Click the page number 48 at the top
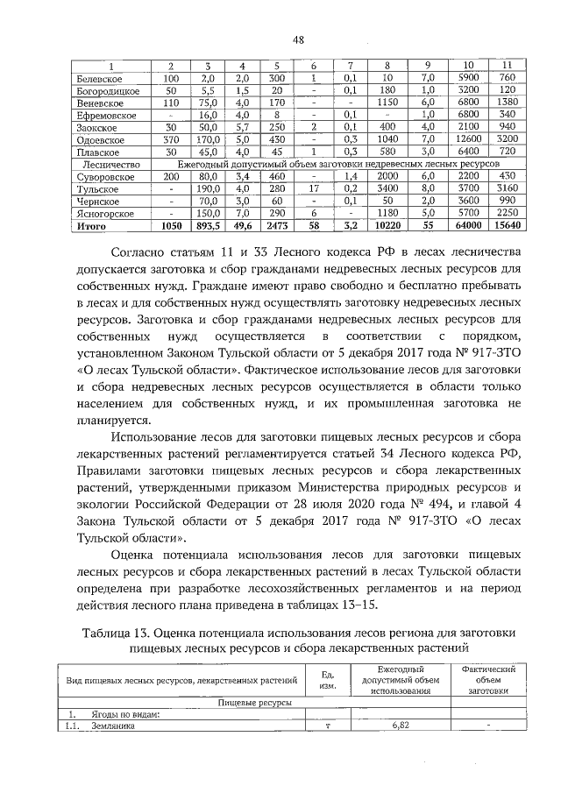[x=298, y=39]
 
